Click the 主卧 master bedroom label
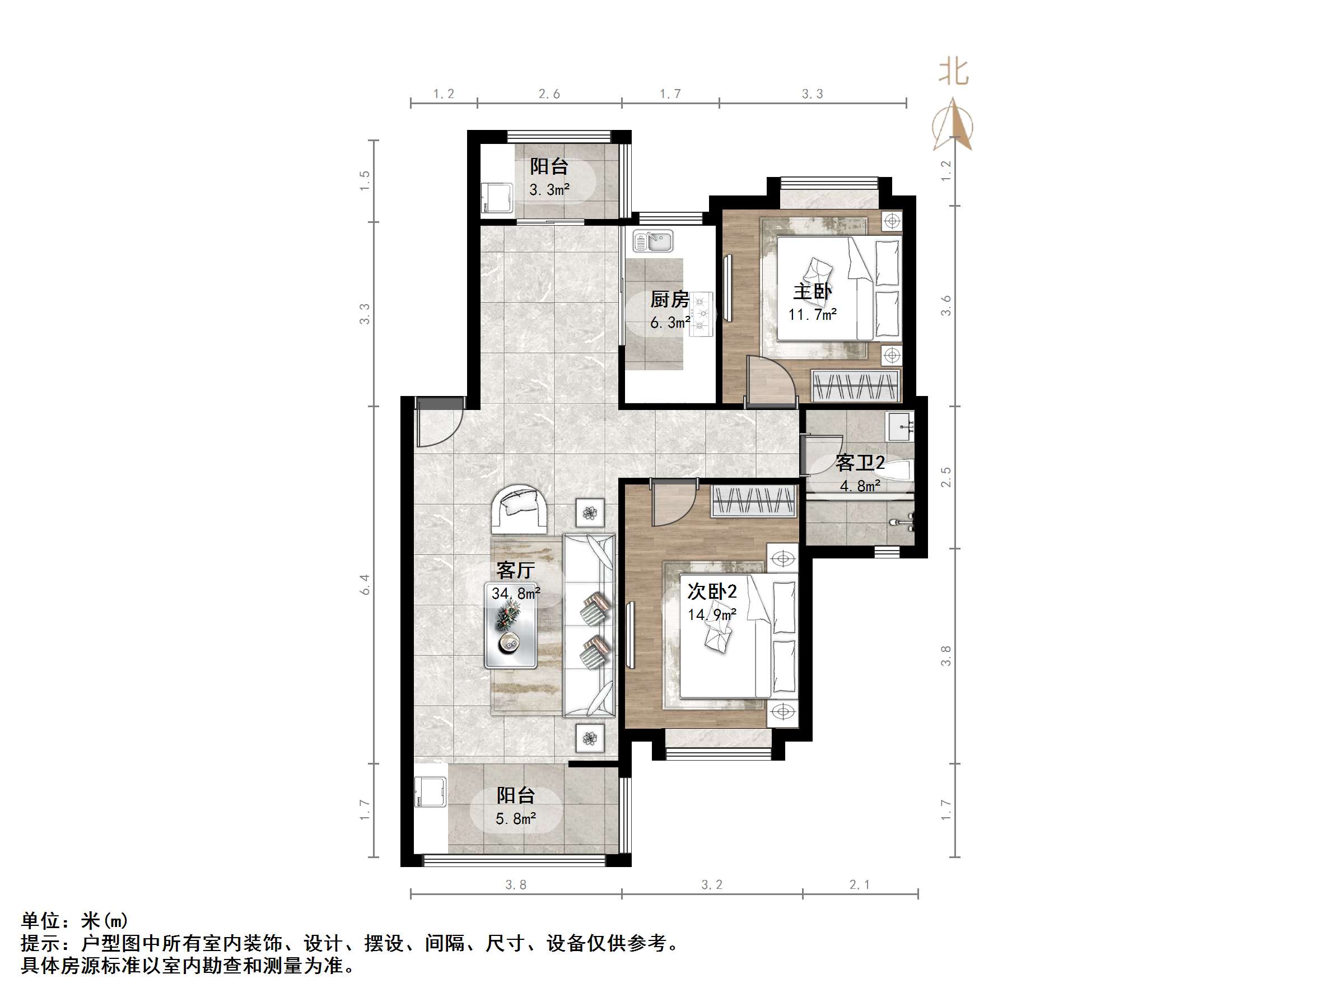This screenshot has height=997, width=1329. click(812, 292)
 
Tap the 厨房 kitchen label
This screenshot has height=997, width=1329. click(669, 299)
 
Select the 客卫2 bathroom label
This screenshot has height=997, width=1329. click(860, 463)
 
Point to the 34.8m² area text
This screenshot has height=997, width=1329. click(515, 594)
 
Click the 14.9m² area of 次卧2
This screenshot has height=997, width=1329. click(712, 615)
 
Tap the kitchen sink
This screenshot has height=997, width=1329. click(654, 241)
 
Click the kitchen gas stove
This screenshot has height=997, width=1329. click(701, 313)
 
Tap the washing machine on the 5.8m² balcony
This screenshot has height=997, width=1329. click(430, 792)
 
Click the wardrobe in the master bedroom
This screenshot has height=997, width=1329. click(856, 385)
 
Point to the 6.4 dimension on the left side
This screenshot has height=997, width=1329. click(365, 584)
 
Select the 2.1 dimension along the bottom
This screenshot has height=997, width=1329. click(859, 884)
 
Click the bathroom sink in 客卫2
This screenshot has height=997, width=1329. click(900, 426)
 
